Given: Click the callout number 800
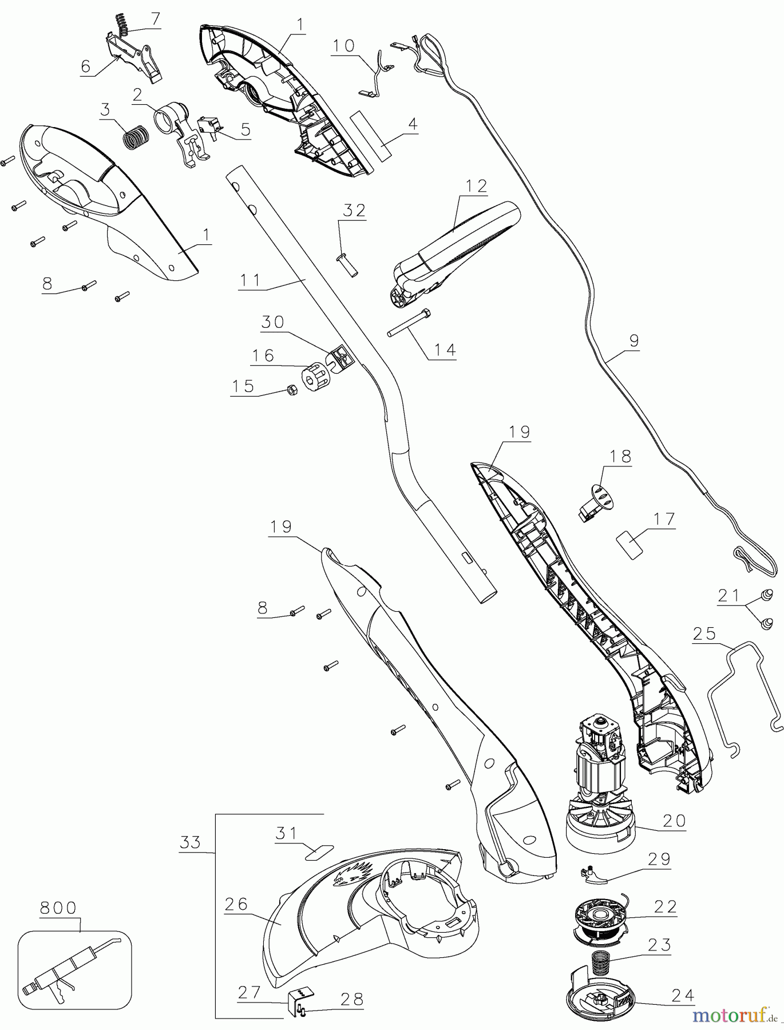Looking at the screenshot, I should (58, 908).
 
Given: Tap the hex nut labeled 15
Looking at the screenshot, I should (290, 391).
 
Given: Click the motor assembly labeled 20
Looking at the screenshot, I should (600, 784).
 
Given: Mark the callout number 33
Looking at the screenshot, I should (191, 842).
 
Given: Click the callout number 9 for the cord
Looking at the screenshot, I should (633, 340).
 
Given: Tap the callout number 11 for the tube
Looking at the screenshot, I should (250, 280).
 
